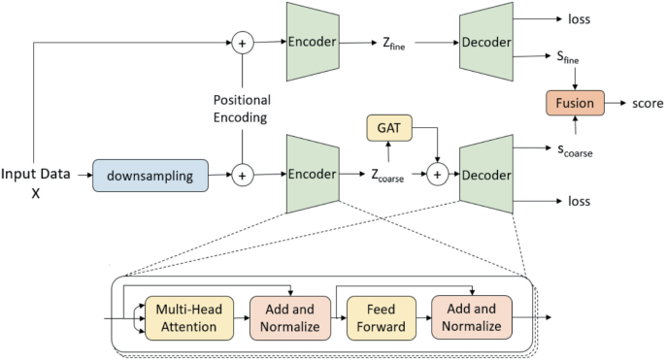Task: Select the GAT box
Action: [x=388, y=128]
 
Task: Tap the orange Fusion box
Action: [x=575, y=102]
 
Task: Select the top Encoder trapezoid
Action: [x=311, y=43]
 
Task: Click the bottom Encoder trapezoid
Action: [x=311, y=175]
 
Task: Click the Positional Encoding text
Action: [x=241, y=108]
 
